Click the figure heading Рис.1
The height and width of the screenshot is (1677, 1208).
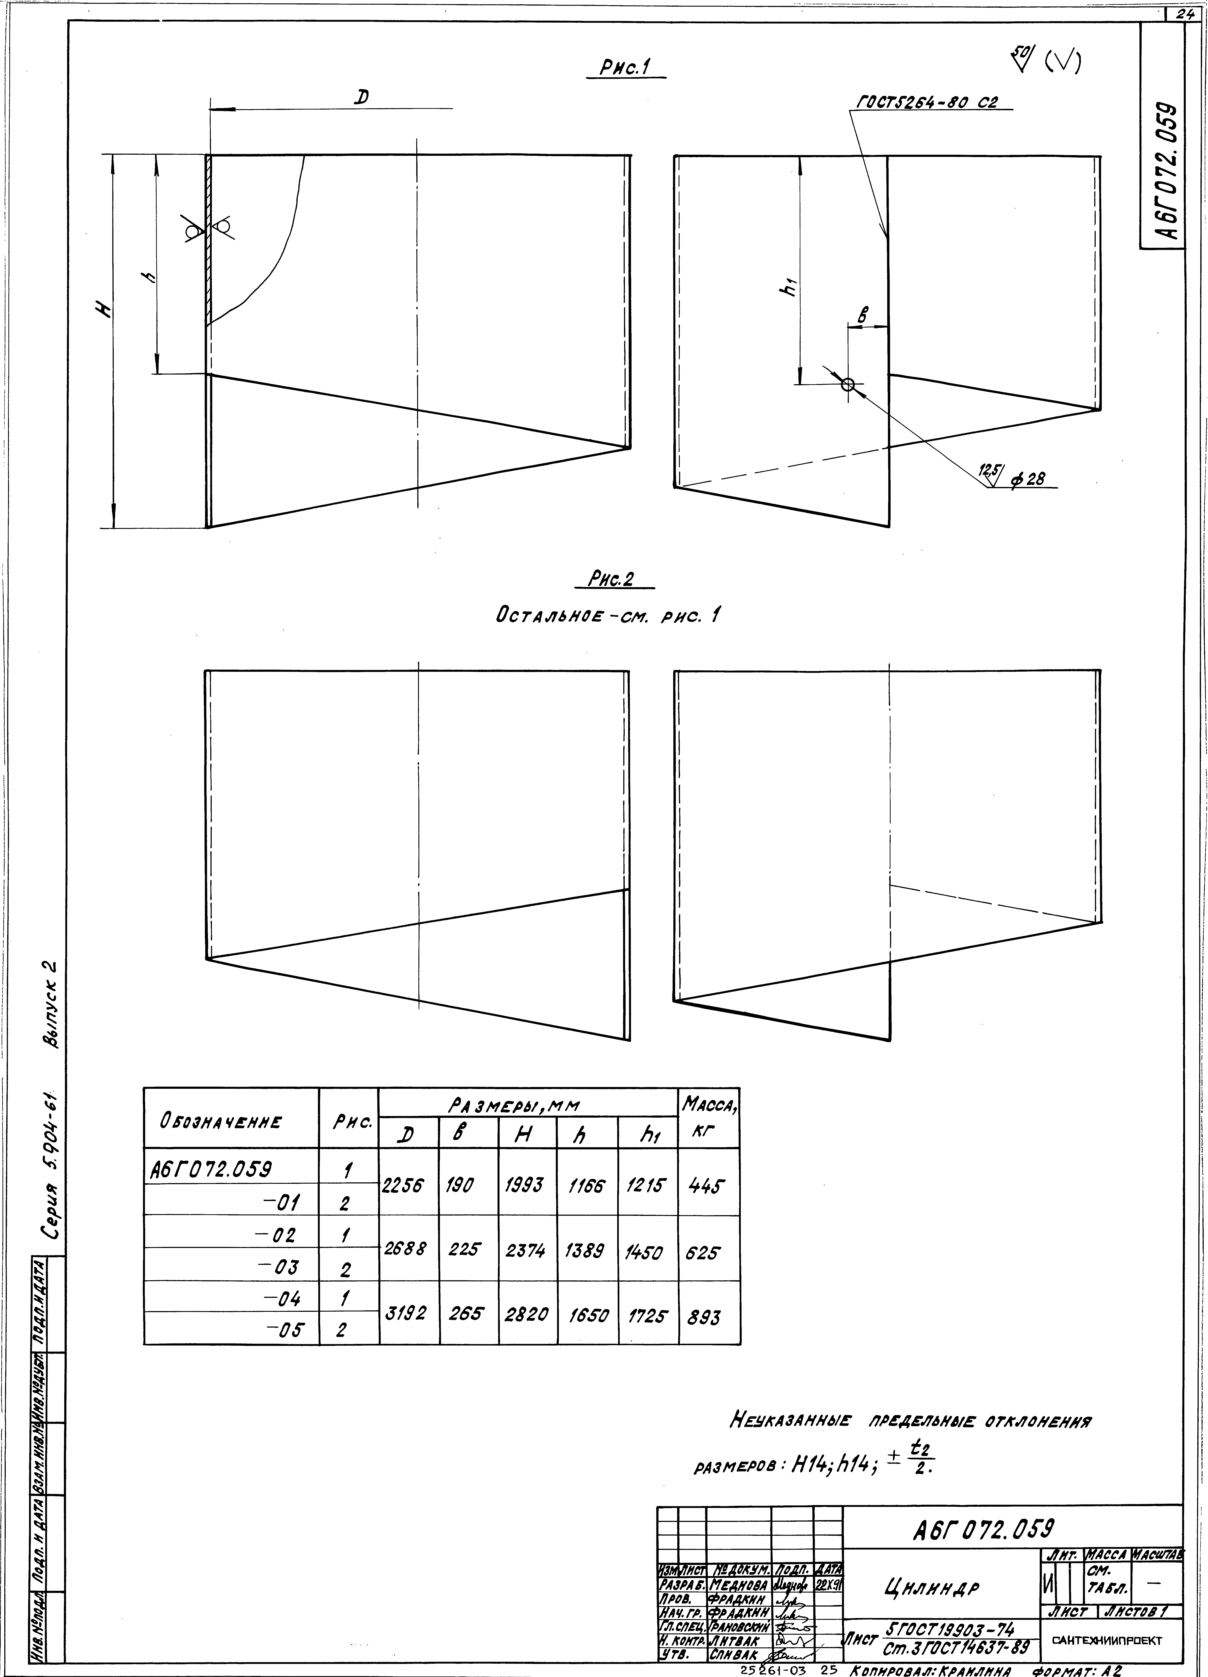point(625,68)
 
